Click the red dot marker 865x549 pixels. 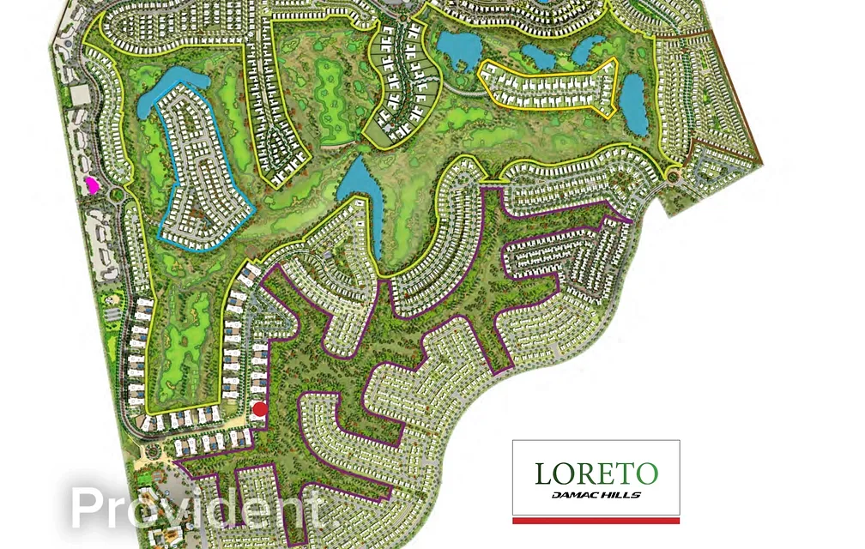point(259,409)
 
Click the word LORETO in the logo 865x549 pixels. point(596,474)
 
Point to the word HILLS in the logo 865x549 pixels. point(623,495)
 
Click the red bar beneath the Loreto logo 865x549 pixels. point(596,521)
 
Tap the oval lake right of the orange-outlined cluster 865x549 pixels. point(633,105)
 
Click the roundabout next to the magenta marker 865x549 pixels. point(117,194)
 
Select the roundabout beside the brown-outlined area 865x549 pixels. point(674,176)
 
